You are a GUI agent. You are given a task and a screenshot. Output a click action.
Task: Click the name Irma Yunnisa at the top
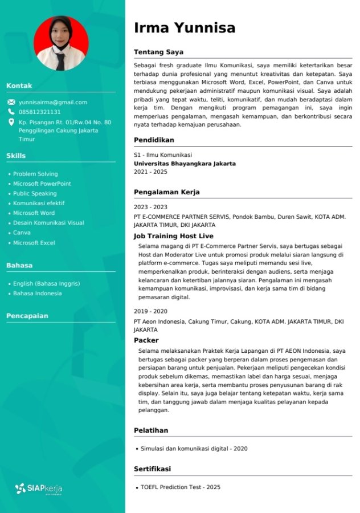pos(185,28)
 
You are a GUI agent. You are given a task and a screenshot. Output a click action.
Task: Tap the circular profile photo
pos(61,43)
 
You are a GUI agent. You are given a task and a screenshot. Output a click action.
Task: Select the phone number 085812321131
pos(39,112)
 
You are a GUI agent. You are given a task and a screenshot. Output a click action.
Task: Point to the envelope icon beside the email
pos(11,103)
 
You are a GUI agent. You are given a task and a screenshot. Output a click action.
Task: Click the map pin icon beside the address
pos(11,122)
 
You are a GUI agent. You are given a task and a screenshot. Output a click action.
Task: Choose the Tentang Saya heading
pos(158,52)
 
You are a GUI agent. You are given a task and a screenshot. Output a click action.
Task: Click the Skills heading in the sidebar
pos(16,156)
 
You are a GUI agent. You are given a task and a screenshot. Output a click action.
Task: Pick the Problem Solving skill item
pos(35,174)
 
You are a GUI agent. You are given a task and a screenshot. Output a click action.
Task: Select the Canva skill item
pos(22,233)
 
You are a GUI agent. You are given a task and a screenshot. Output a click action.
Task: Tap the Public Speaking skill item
pos(35,194)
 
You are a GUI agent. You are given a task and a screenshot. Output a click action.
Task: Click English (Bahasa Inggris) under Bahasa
pos(46,283)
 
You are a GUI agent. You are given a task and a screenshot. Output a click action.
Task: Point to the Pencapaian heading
pos(27,316)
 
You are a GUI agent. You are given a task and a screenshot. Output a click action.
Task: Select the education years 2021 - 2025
pos(150,172)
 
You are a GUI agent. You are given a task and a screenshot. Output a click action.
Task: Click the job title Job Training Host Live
pos(174,236)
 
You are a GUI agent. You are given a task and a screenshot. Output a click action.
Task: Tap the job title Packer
pos(146,340)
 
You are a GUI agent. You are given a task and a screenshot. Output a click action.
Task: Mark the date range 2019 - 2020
pos(150,311)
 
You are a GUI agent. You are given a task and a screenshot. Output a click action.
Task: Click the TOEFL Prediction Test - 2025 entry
pos(181,487)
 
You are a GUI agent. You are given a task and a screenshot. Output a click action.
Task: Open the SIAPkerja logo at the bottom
pos(39,488)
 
